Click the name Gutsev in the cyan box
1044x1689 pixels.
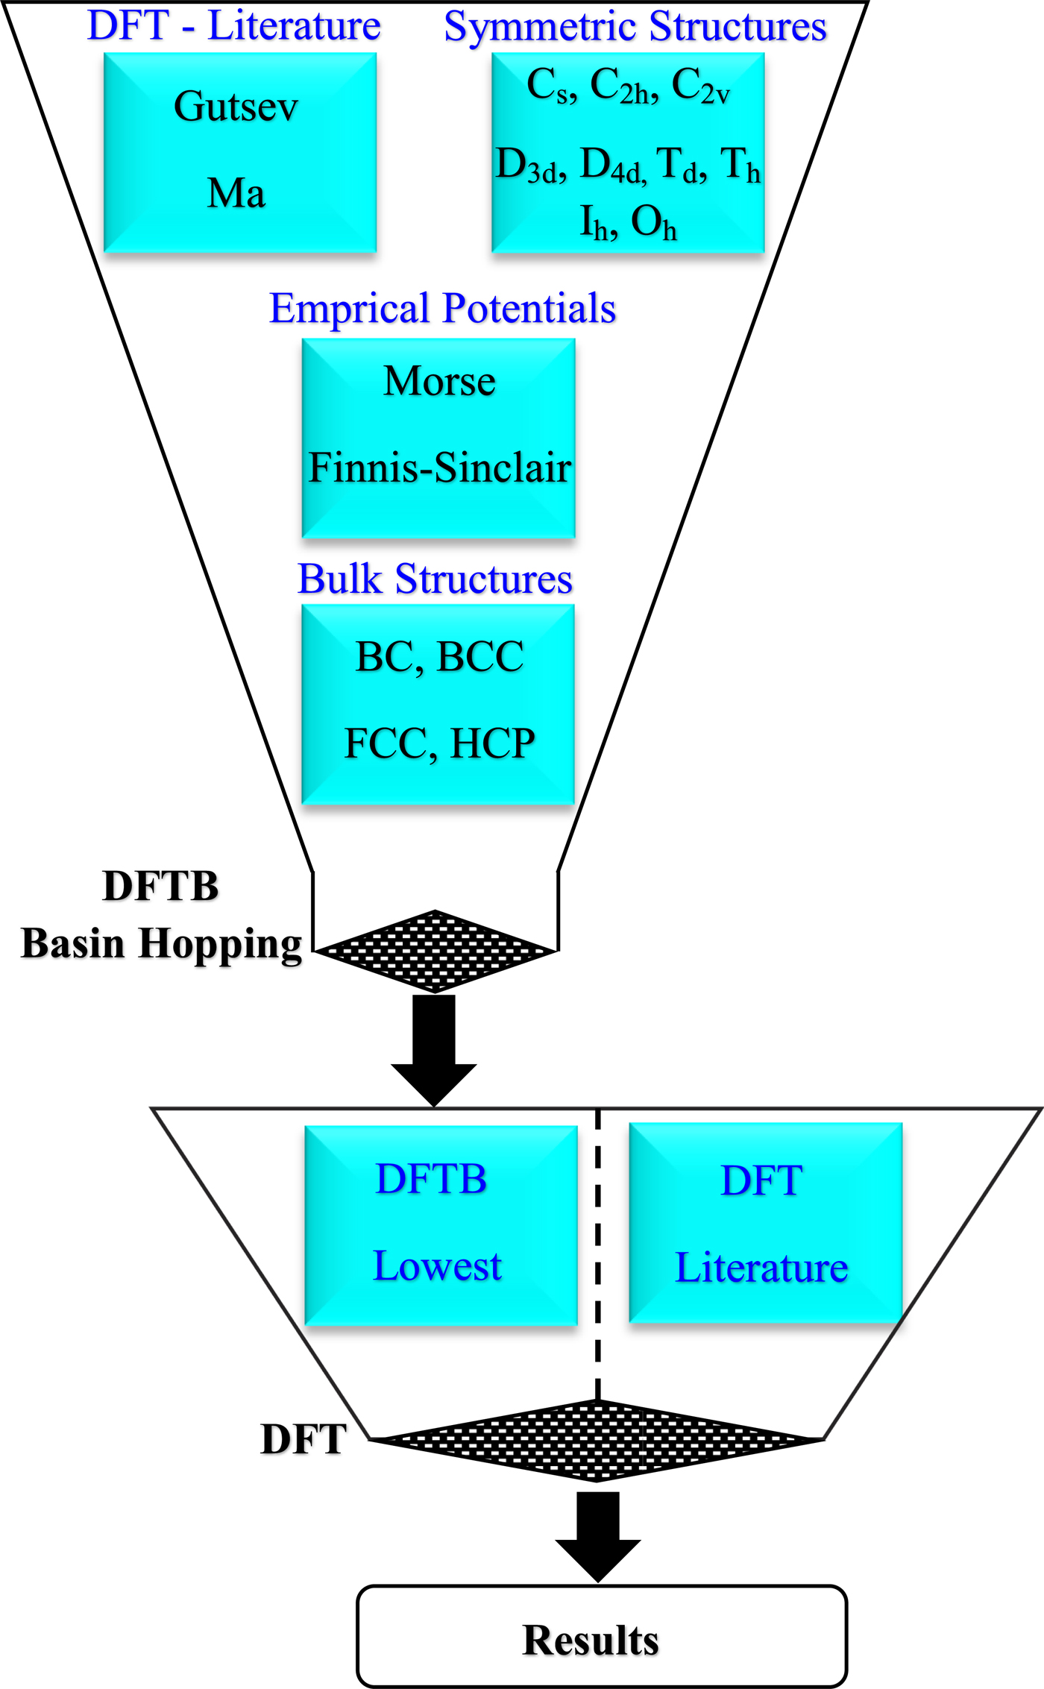[x=236, y=106]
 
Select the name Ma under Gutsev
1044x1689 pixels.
[x=236, y=193]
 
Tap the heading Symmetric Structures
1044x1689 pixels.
[x=635, y=27]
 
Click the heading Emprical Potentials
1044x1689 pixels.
[x=442, y=308]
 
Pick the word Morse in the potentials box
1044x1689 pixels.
[x=439, y=381]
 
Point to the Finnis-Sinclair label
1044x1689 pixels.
[x=439, y=468]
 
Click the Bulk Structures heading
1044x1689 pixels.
[x=435, y=579]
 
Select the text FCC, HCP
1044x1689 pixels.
[x=439, y=743]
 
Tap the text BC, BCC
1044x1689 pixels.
[x=439, y=657]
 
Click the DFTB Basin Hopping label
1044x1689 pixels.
[x=160, y=916]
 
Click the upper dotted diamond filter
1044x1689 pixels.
[x=435, y=951]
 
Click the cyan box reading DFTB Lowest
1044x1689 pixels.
[x=441, y=1224]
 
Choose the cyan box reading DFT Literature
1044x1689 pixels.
[x=765, y=1223]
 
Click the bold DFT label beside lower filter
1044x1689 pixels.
[x=304, y=1439]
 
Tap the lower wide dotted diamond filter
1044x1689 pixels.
[x=597, y=1440]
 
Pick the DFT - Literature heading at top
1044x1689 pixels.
[x=234, y=26]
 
